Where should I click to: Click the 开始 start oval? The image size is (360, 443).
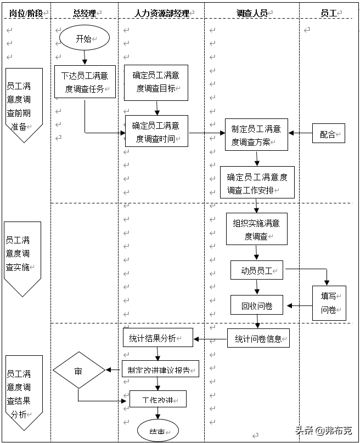pos(85,39)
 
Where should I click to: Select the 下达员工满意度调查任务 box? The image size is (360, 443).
pos(85,82)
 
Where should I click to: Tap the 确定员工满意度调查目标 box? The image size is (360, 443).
pos(156,82)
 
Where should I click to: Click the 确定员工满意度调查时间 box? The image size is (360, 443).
pos(156,131)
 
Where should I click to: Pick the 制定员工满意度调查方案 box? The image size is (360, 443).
pos(256,135)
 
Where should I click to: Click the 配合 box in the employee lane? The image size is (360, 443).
pos(329,133)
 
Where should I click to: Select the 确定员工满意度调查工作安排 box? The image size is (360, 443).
pos(257,183)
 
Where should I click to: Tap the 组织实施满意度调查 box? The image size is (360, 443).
pos(256,229)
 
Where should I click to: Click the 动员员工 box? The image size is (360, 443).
pos(257,270)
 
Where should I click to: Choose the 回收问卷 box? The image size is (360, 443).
pos(257,305)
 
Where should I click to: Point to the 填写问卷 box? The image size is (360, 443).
pos(329,303)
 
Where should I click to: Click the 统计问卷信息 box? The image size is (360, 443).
pos(258,338)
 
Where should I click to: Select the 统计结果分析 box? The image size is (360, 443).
pos(157,338)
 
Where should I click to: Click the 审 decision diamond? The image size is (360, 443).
pos(78,371)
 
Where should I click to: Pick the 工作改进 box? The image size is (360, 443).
pos(157,399)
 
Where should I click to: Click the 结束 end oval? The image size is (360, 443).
pos(158,431)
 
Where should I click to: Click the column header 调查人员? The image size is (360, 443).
pos(252,13)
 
